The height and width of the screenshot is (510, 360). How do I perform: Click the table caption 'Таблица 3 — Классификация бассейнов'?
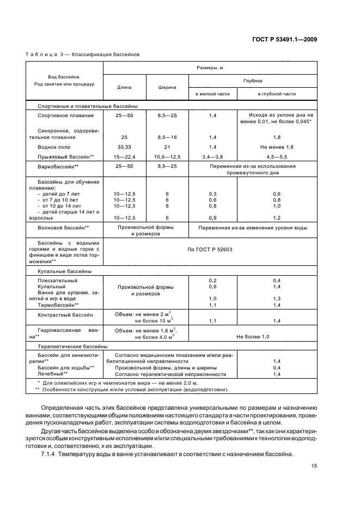[83, 54]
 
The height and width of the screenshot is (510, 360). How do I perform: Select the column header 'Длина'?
[125, 87]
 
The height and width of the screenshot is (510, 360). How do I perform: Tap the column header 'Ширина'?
[167, 87]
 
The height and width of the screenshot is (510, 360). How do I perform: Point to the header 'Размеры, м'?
[210, 67]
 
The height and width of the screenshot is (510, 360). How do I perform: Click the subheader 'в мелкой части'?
[212, 94]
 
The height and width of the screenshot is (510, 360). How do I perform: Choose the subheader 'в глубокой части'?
[277, 94]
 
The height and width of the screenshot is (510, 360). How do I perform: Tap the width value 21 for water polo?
[167, 147]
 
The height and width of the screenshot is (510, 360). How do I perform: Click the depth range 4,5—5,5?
[277, 156]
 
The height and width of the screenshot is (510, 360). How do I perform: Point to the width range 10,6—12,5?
[167, 156]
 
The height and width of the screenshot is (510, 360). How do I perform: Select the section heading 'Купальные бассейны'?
[64, 271]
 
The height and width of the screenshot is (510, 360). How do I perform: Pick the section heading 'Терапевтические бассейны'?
[72, 346]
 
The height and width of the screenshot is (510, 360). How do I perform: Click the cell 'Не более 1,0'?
[252, 337]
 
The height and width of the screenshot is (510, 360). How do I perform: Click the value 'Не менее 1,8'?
[277, 147]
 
